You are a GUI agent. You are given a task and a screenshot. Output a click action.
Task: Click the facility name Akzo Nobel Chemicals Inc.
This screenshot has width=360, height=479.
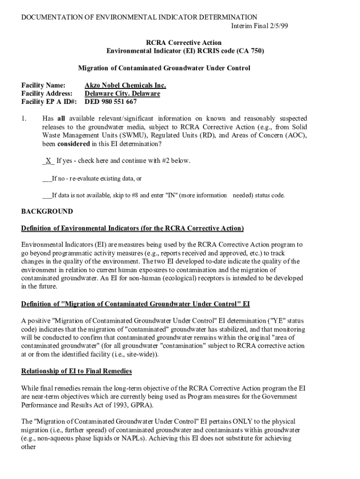pos(125,86)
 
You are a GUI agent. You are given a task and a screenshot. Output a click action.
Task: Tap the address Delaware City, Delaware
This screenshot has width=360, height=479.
pos(122,94)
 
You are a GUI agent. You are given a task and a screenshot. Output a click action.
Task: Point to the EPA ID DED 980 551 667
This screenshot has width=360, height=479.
pos(110,102)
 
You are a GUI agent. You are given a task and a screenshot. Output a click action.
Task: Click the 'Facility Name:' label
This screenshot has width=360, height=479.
pos(43,86)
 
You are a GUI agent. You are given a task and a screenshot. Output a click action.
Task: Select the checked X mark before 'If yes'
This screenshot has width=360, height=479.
pos(48,161)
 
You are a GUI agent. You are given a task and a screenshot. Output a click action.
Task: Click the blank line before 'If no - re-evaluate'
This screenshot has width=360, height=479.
pos(47,178)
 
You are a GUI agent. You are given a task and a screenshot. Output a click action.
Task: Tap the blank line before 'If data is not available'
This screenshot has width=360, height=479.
pos(47,195)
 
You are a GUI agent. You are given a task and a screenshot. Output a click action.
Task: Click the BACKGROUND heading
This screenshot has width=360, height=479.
pos(47,211)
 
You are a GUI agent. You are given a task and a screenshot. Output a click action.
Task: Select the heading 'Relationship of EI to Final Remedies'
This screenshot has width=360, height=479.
pos(77,371)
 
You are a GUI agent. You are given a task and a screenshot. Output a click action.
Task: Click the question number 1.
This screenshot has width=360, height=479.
pos(24,119)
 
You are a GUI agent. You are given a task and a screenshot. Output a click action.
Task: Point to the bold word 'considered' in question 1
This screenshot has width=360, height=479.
pos(74,144)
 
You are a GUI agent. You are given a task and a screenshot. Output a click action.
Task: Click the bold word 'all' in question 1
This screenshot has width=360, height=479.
pos(61,119)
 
